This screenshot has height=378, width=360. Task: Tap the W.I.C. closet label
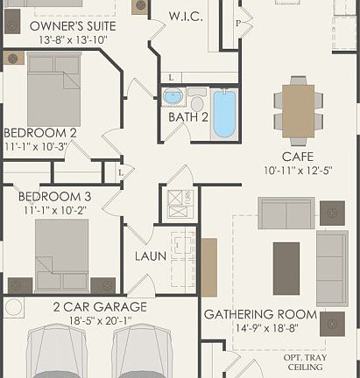186,16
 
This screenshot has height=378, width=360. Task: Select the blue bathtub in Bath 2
224,113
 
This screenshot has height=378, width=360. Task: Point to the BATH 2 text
188,116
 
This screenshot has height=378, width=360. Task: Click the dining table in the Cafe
298,110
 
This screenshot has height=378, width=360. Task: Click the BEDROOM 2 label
40,133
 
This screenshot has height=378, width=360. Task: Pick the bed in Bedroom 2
53,90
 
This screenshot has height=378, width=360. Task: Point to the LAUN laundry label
150,256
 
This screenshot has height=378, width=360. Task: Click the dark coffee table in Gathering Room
286,268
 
